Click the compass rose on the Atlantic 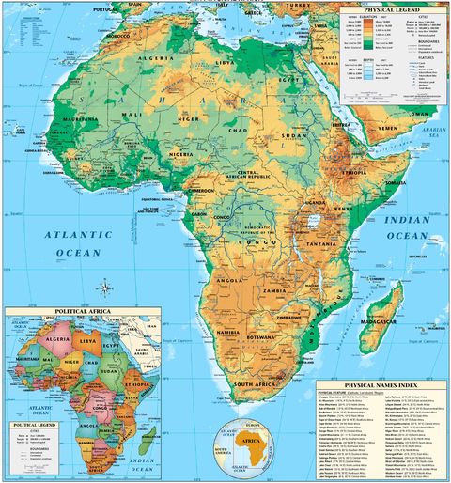coord(104,288)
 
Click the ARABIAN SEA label coord(435,132)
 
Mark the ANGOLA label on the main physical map coord(230,280)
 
